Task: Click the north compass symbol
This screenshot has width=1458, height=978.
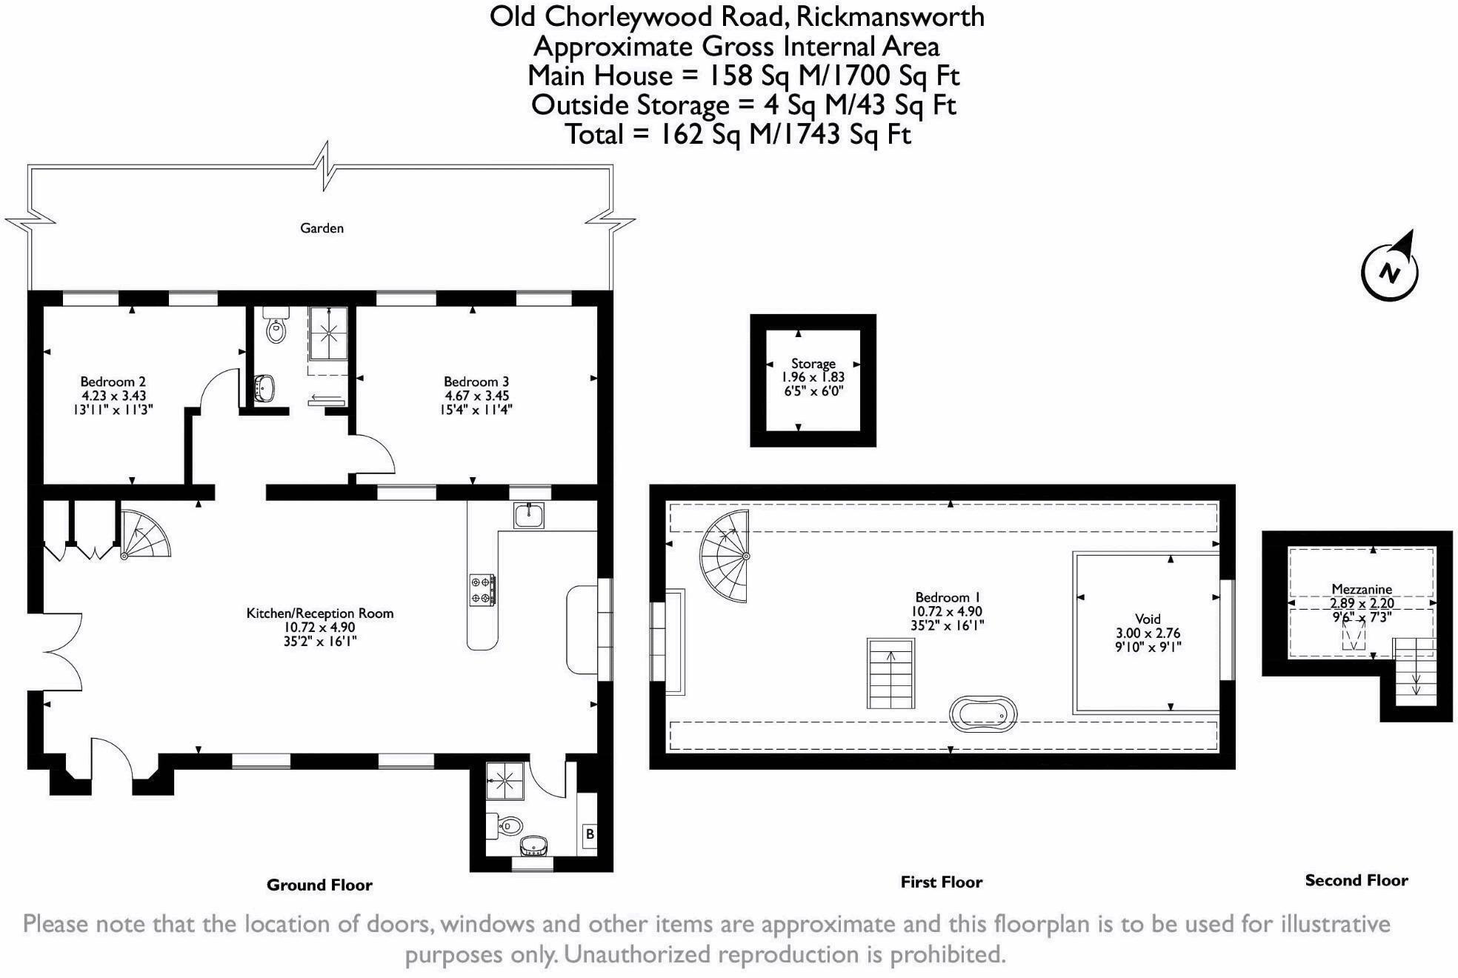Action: pos(1390,271)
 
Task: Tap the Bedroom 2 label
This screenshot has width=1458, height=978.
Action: pos(113,382)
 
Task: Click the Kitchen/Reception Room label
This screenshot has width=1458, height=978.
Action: pos(320,613)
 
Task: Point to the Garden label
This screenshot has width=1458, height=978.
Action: pos(322,228)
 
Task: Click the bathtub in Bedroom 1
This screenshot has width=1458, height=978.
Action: pos(983,714)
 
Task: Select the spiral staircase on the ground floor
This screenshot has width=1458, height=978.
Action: pos(145,533)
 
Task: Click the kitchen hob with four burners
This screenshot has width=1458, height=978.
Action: pos(482,590)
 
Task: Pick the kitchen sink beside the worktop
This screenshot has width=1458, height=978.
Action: pos(529,515)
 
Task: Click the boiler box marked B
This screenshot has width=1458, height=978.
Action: pos(590,834)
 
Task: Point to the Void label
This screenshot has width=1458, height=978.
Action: pos(1148,619)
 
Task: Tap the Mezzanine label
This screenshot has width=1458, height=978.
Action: pos(1362,590)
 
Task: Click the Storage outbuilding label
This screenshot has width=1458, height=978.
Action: pos(813,364)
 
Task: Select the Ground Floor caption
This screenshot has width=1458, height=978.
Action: pos(319,885)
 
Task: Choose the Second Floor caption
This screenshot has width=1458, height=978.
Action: pos(1357,880)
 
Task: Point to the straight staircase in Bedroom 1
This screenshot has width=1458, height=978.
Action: pos(891,673)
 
